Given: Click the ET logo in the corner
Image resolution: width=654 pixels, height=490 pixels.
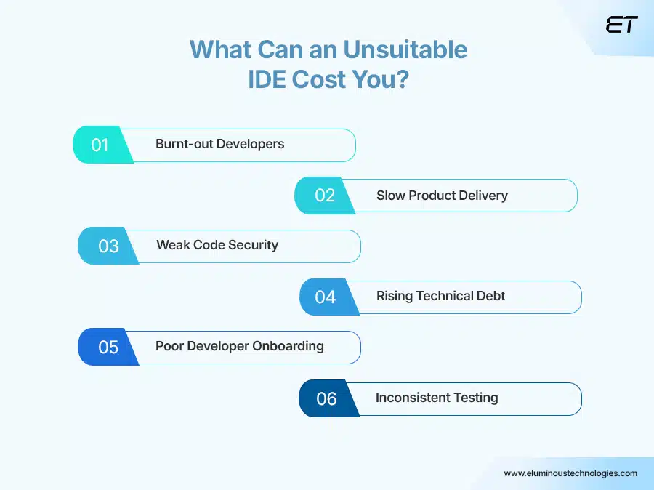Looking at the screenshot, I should click(621, 25).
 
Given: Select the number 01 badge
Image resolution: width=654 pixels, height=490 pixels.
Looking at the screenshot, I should click(100, 145).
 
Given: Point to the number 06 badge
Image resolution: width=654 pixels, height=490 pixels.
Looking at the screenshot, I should click(326, 399).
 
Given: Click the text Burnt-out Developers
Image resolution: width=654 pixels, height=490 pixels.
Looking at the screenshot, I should click(219, 144).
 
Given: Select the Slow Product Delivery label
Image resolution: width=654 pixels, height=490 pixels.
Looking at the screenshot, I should click(442, 196).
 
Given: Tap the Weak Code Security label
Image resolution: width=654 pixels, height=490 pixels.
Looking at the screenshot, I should click(217, 245).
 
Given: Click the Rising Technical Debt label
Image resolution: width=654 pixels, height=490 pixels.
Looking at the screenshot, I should click(440, 296).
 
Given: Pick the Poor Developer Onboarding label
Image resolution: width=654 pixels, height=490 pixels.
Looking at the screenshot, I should click(240, 346).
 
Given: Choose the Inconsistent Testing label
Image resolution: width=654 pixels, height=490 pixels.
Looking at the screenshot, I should click(437, 398).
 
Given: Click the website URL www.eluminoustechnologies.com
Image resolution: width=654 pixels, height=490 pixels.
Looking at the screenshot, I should click(570, 473).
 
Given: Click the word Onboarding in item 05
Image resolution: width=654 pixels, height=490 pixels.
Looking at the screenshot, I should click(288, 346).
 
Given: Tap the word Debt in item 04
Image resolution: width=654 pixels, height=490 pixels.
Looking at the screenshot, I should click(490, 296).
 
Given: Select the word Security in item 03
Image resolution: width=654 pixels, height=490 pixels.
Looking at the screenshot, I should click(253, 245).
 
